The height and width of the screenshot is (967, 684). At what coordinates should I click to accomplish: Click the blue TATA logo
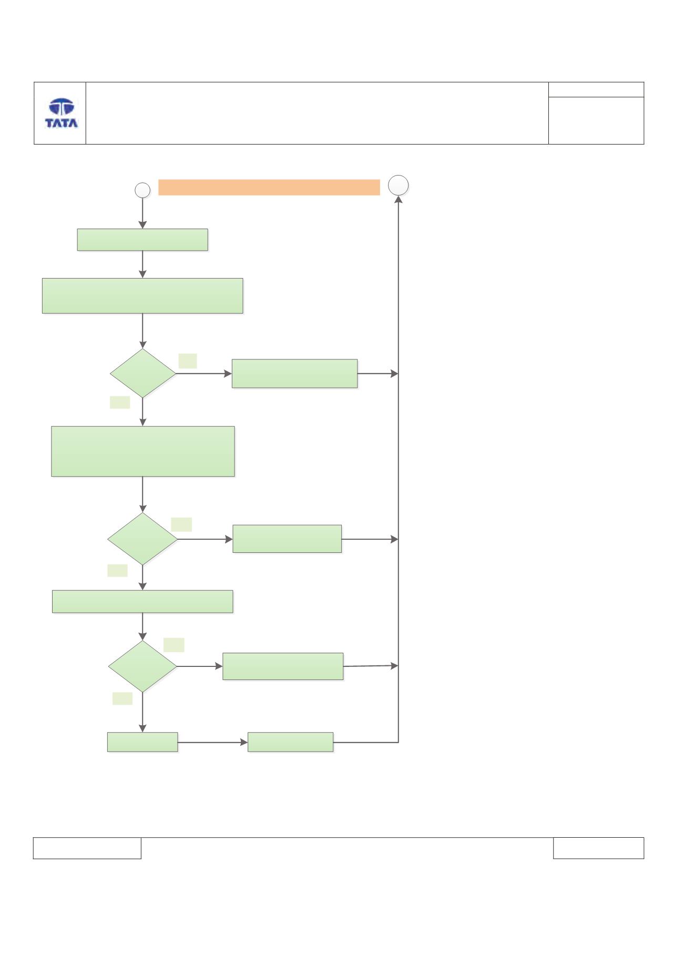click(62, 113)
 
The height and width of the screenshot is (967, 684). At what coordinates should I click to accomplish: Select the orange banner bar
click(269, 187)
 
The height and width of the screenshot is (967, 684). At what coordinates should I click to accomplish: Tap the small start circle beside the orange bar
click(143, 190)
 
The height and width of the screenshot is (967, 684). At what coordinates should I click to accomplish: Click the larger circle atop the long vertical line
click(399, 186)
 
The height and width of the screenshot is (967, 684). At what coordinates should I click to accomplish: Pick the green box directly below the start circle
click(142, 240)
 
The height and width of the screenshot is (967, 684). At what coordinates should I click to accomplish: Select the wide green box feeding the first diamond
click(142, 296)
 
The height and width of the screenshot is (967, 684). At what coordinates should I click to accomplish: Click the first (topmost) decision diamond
click(143, 373)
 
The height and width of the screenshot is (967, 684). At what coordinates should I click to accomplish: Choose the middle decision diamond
click(142, 539)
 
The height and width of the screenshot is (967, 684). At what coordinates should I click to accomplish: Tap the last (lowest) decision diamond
click(142, 666)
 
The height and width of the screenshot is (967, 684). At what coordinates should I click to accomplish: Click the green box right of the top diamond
click(295, 374)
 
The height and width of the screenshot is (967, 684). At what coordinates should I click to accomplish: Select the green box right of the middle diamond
click(287, 539)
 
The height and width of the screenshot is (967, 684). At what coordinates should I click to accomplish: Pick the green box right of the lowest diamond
click(283, 666)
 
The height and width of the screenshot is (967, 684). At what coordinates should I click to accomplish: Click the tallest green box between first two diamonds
click(143, 451)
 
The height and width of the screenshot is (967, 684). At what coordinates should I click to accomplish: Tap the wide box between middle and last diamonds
click(142, 601)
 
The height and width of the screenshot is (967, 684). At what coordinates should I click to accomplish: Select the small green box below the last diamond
click(142, 742)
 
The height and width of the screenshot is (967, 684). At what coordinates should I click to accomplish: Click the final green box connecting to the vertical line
click(291, 742)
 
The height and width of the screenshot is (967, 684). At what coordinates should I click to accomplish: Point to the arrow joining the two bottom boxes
click(213, 743)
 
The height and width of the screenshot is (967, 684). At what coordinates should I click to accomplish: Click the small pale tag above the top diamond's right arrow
click(188, 361)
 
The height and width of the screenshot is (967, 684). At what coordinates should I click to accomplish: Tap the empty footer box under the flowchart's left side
click(87, 848)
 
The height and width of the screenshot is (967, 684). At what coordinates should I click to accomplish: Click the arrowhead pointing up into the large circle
click(399, 200)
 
